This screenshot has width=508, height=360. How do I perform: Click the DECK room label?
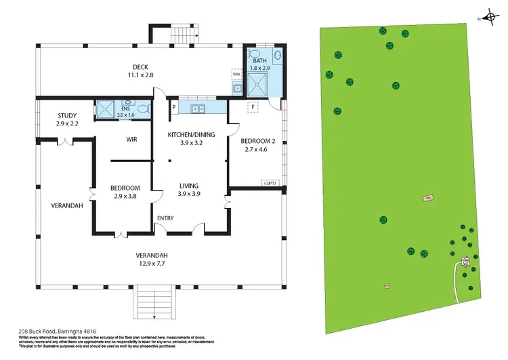(x=140, y=66)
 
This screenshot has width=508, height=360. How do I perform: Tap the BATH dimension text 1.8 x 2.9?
(x=260, y=68)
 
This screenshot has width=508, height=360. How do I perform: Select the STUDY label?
(x=67, y=115)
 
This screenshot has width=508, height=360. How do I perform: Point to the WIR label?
(x=133, y=139)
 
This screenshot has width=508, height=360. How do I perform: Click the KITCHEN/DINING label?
(x=191, y=134)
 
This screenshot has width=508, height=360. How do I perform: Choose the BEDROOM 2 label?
(x=257, y=141)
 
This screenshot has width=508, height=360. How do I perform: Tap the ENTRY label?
(x=165, y=218)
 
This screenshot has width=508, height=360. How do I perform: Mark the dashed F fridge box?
(x=253, y=107)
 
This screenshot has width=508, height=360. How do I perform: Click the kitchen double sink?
(x=198, y=108)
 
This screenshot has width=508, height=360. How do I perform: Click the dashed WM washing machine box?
(x=236, y=75)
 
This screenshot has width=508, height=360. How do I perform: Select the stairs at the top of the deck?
(x=179, y=34)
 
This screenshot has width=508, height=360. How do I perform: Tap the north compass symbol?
(x=490, y=18)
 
